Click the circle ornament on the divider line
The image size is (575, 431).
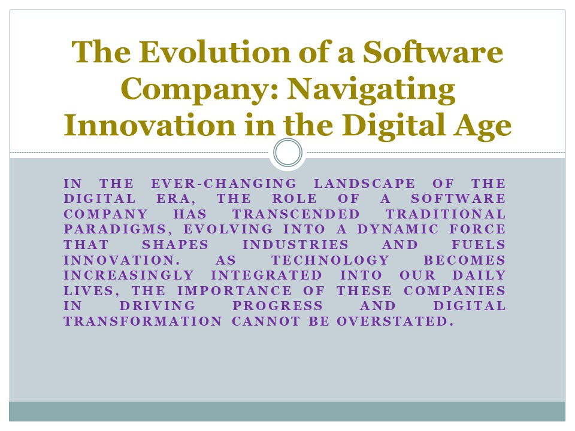click(x=287, y=153)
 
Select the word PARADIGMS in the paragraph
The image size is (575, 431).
click(x=105, y=230)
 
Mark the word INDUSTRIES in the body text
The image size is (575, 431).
click(x=295, y=245)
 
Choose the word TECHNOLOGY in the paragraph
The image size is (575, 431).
click(x=330, y=260)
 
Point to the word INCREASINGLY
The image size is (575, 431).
click(x=129, y=275)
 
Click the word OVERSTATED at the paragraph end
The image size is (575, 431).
click(x=392, y=321)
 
